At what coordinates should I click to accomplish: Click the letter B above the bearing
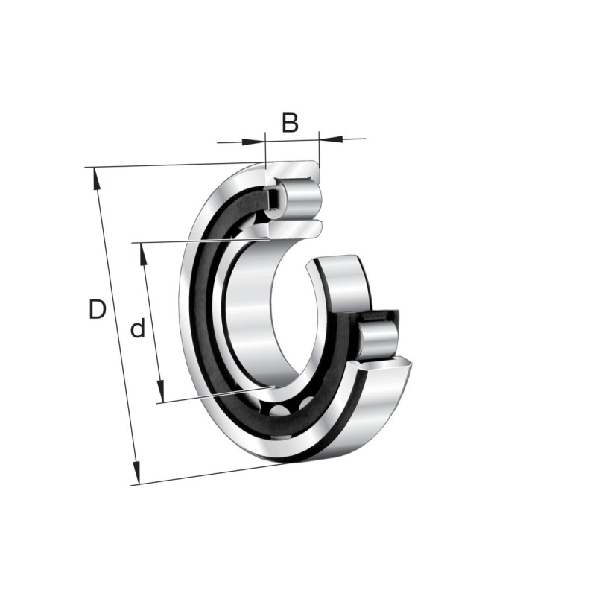coord(291,121)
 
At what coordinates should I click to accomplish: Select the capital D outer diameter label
coord(97,309)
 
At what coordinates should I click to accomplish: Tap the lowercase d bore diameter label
coord(138,329)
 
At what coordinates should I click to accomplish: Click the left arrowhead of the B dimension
coord(258,140)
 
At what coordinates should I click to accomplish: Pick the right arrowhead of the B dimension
coord(327,139)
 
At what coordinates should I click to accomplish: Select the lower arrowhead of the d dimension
coord(159,394)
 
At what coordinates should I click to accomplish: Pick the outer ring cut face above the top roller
coord(294,169)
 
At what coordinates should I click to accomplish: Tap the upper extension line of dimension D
coord(171,165)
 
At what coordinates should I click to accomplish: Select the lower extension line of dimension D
coord(209,475)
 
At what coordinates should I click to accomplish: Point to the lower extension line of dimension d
coord(216,395)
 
